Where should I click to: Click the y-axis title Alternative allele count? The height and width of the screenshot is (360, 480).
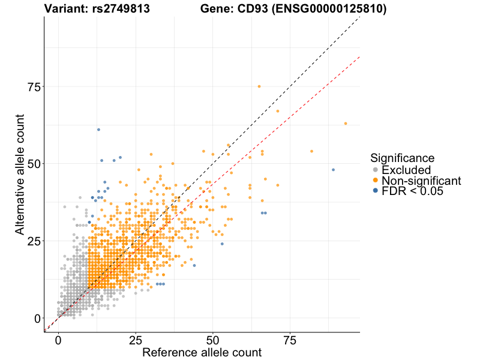20,174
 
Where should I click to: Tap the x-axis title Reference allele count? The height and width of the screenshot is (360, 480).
202,352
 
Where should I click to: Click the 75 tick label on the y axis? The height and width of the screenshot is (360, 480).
35,87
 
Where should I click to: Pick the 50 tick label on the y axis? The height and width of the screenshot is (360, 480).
35,164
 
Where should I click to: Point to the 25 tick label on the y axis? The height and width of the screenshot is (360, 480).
35,241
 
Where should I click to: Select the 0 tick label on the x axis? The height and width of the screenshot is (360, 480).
58,340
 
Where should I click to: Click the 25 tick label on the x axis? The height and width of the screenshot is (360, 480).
136,340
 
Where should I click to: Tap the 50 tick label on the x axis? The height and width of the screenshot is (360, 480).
213,340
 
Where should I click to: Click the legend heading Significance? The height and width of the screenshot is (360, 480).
402,158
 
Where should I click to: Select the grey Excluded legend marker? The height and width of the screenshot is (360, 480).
376,170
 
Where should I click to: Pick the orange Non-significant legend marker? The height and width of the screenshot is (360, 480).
376,181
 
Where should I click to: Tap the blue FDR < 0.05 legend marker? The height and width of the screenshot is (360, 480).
376,191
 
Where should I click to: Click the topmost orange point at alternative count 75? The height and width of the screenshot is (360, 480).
259,86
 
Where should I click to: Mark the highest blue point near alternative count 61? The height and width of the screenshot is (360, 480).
98,130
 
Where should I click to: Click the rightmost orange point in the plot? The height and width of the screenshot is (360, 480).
346,123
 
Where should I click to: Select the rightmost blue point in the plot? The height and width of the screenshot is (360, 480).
333,170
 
